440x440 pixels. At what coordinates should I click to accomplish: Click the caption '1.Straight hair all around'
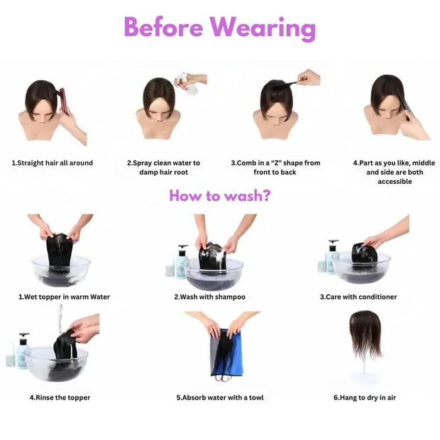click(x=52, y=163)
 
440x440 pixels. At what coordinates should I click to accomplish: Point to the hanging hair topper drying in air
click(x=365, y=334)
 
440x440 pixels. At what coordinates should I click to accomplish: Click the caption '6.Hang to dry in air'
click(x=365, y=397)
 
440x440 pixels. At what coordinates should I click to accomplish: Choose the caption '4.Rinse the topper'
click(x=60, y=397)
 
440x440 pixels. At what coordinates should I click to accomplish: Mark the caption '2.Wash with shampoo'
click(x=209, y=297)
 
